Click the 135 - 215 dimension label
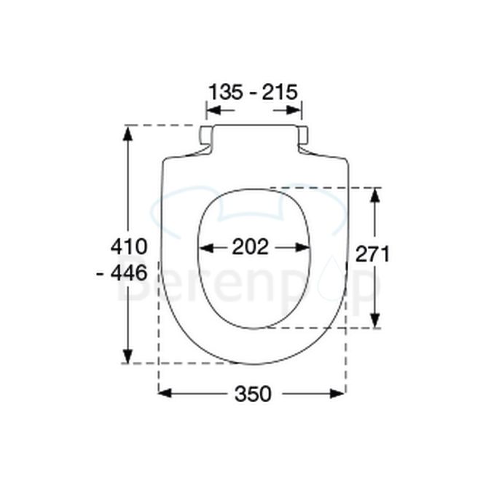(x=253, y=93)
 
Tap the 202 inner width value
(x=251, y=248)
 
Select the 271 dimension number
(x=373, y=254)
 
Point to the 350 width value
(x=253, y=394)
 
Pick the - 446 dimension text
(x=122, y=272)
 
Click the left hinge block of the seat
(x=207, y=135)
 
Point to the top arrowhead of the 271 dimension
(x=374, y=193)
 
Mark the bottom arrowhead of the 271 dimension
(x=374, y=322)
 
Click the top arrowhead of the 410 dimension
(x=128, y=132)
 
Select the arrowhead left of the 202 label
(x=205, y=248)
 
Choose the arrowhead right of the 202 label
(x=305, y=248)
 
